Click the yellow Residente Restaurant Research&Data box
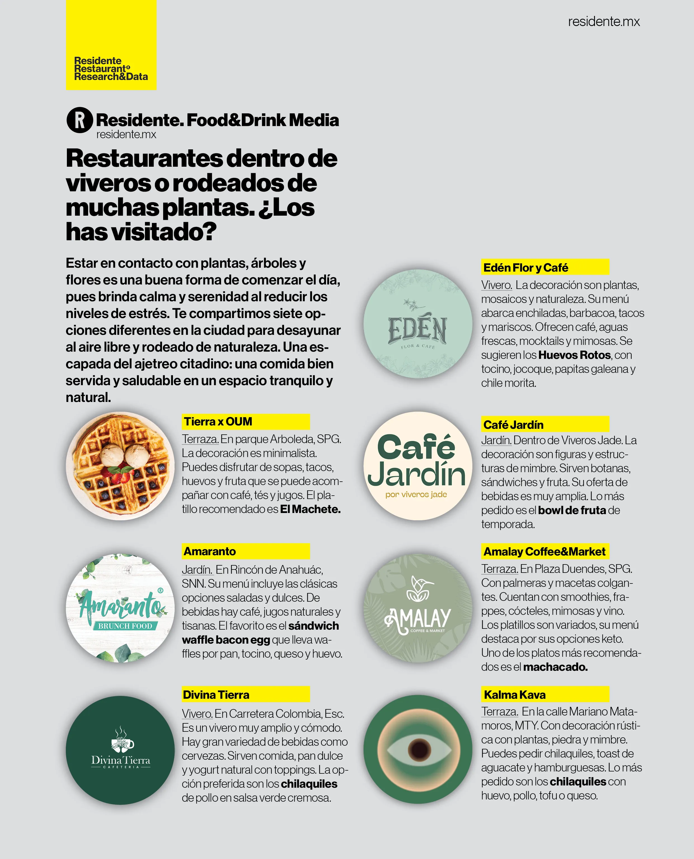pos(111,45)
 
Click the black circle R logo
pos(79,120)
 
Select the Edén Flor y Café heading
pos(526,268)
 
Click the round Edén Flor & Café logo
pos(418,324)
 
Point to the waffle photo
pos(120,466)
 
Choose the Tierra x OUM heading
pos(218,422)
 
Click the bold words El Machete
pos(310,509)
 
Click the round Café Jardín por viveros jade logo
pos(418,466)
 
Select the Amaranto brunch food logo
pos(120,608)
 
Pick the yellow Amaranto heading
pos(210,551)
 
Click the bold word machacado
pos(555,667)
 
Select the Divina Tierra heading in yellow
pos(216,695)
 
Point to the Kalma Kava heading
pos(515,695)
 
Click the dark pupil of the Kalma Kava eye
pos(419,749)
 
